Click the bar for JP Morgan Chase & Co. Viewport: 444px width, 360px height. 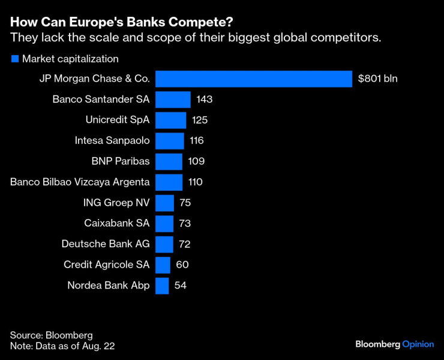click(253, 79)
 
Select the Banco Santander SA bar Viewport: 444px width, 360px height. click(173, 100)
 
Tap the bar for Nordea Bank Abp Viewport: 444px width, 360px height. click(162, 286)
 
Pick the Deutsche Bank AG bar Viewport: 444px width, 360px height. click(164, 244)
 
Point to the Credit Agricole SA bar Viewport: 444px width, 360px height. click(163, 265)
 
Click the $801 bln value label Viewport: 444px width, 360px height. click(377, 79)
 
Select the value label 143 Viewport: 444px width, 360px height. click(205, 100)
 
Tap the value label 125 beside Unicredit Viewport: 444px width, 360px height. click(200, 120)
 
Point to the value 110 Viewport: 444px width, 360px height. click(196, 182)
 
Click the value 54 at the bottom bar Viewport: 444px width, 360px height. click(181, 286)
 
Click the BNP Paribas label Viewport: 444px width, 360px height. click(119, 161)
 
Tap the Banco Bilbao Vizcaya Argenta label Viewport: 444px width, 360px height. click(80, 182)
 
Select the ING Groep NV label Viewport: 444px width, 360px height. click(116, 203)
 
